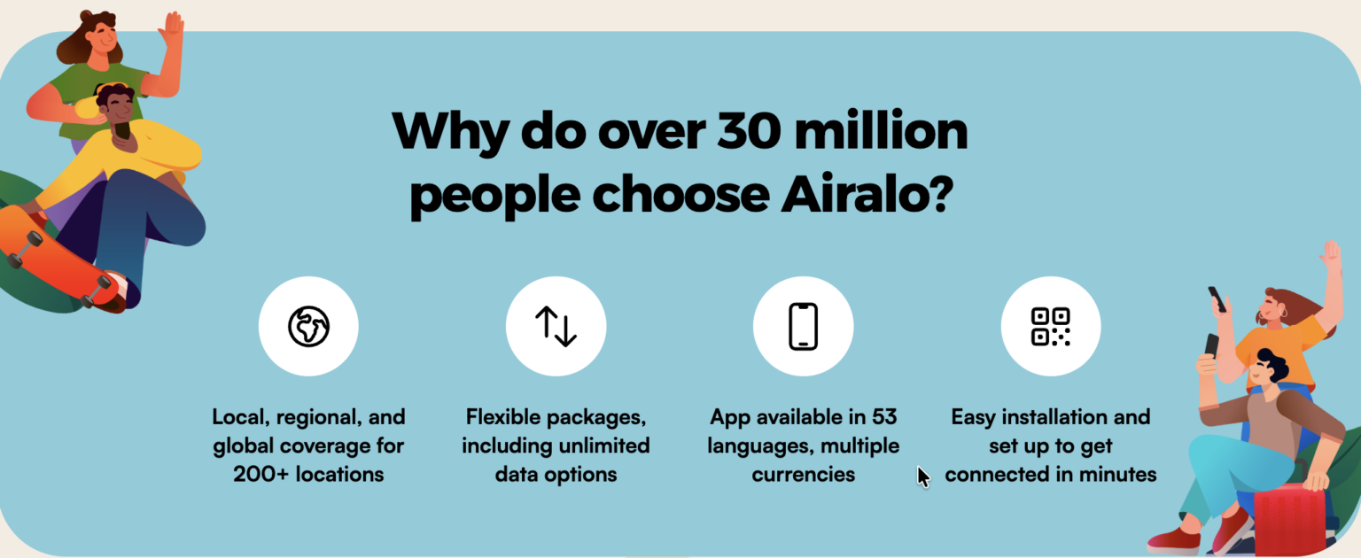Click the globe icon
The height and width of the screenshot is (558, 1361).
point(308,326)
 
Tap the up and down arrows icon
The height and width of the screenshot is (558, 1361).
point(556,326)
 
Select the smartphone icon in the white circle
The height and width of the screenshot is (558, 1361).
point(804,326)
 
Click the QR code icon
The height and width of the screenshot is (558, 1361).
point(1051,326)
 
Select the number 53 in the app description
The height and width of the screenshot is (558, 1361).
point(884,417)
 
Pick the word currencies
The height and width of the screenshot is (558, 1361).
point(804,474)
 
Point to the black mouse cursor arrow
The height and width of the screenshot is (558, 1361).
point(923,477)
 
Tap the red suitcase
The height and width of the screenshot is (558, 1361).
point(1289,521)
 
